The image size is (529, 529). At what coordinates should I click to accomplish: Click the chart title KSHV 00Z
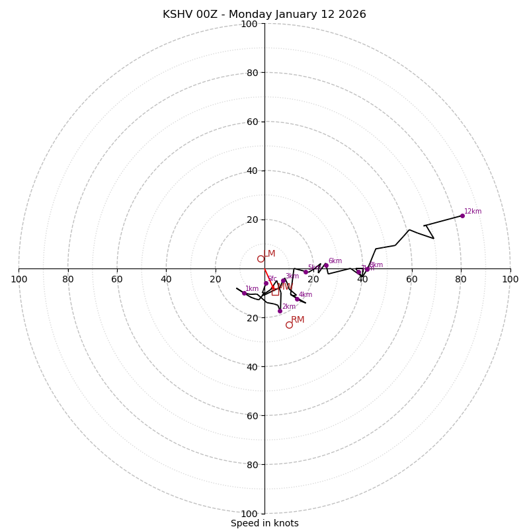pos(264,15)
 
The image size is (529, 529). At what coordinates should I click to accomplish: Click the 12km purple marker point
pos(462,216)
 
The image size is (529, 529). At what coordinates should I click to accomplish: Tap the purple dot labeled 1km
pos(244,293)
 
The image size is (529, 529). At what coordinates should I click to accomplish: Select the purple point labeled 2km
pos(280,311)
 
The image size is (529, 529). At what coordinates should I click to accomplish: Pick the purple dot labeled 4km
pos(297,299)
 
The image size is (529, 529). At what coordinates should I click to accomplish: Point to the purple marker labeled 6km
pos(326,265)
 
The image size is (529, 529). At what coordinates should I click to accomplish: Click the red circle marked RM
pos(289,325)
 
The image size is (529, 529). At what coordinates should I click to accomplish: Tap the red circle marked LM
pos(261,259)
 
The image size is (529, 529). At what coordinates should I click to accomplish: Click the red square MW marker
pos(275,292)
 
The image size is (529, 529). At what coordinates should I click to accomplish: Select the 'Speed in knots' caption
pos(264,523)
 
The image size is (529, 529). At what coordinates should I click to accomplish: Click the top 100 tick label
pos(249,24)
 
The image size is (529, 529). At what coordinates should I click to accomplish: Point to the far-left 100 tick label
pos(19,279)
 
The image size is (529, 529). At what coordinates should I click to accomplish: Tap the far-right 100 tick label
pos(510,279)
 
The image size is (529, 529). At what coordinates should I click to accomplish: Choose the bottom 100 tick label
pos(249,514)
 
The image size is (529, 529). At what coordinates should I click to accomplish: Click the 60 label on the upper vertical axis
pos(252,122)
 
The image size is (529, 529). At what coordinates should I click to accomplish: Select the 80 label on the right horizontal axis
pos(461,279)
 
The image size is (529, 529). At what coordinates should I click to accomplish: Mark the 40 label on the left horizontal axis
pos(166,279)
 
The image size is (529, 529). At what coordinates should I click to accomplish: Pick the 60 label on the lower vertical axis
pos(252,416)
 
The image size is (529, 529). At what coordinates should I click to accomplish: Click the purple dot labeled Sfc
pos(266,283)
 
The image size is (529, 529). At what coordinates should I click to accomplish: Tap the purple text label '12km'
pos(473,212)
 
